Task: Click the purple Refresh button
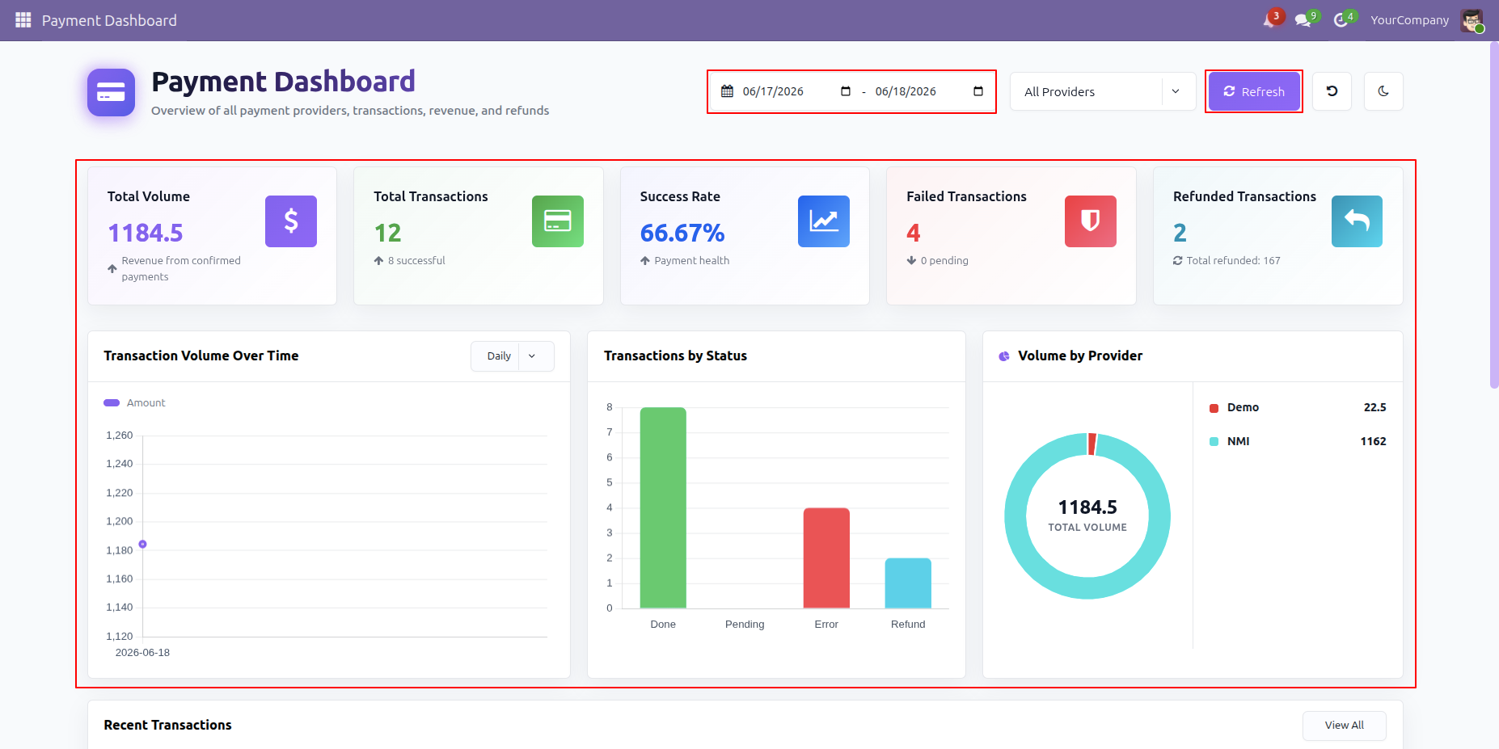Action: pos(1254,91)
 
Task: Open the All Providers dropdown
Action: pos(1103,91)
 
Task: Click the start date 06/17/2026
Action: pos(773,91)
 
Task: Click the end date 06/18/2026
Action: pos(906,91)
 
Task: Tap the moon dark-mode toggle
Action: pos(1383,91)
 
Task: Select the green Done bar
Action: pos(663,507)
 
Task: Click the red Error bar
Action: pos(826,558)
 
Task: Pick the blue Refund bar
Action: pos(908,583)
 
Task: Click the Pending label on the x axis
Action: pos(745,624)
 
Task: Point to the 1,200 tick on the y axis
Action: pos(120,521)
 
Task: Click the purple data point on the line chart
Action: pos(142,545)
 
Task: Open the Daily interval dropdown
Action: pos(513,356)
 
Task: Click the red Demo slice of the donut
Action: pos(1092,444)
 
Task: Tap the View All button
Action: pos(1344,726)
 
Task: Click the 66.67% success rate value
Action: pos(682,233)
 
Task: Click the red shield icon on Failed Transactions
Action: pos(1091,221)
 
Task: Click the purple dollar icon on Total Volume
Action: pos(291,221)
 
